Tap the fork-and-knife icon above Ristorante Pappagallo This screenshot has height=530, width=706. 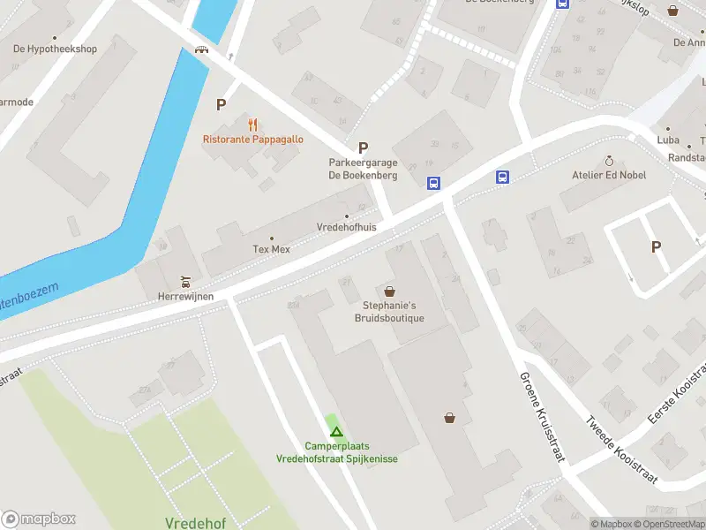(x=253, y=124)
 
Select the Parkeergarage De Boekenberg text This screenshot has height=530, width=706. (x=363, y=169)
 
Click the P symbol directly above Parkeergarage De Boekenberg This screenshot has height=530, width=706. (x=363, y=148)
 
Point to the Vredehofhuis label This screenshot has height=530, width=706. (x=347, y=227)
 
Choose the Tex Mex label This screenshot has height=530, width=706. (x=271, y=249)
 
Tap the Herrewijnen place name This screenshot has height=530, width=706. (x=185, y=296)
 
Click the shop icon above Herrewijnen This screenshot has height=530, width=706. (x=185, y=282)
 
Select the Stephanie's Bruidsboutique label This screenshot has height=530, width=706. (x=389, y=312)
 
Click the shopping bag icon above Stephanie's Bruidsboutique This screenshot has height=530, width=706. (x=389, y=291)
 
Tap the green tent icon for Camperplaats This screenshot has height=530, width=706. (x=335, y=431)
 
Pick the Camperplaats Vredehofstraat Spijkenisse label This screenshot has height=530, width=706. (x=336, y=452)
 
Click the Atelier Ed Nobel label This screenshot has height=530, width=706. (x=609, y=175)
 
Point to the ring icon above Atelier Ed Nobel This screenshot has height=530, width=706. (x=609, y=161)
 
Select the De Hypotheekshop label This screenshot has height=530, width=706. (x=55, y=49)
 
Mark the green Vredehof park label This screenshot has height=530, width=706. (x=195, y=523)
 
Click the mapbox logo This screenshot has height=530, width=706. (x=39, y=519)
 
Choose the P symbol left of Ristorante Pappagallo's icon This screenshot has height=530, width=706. (x=221, y=104)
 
